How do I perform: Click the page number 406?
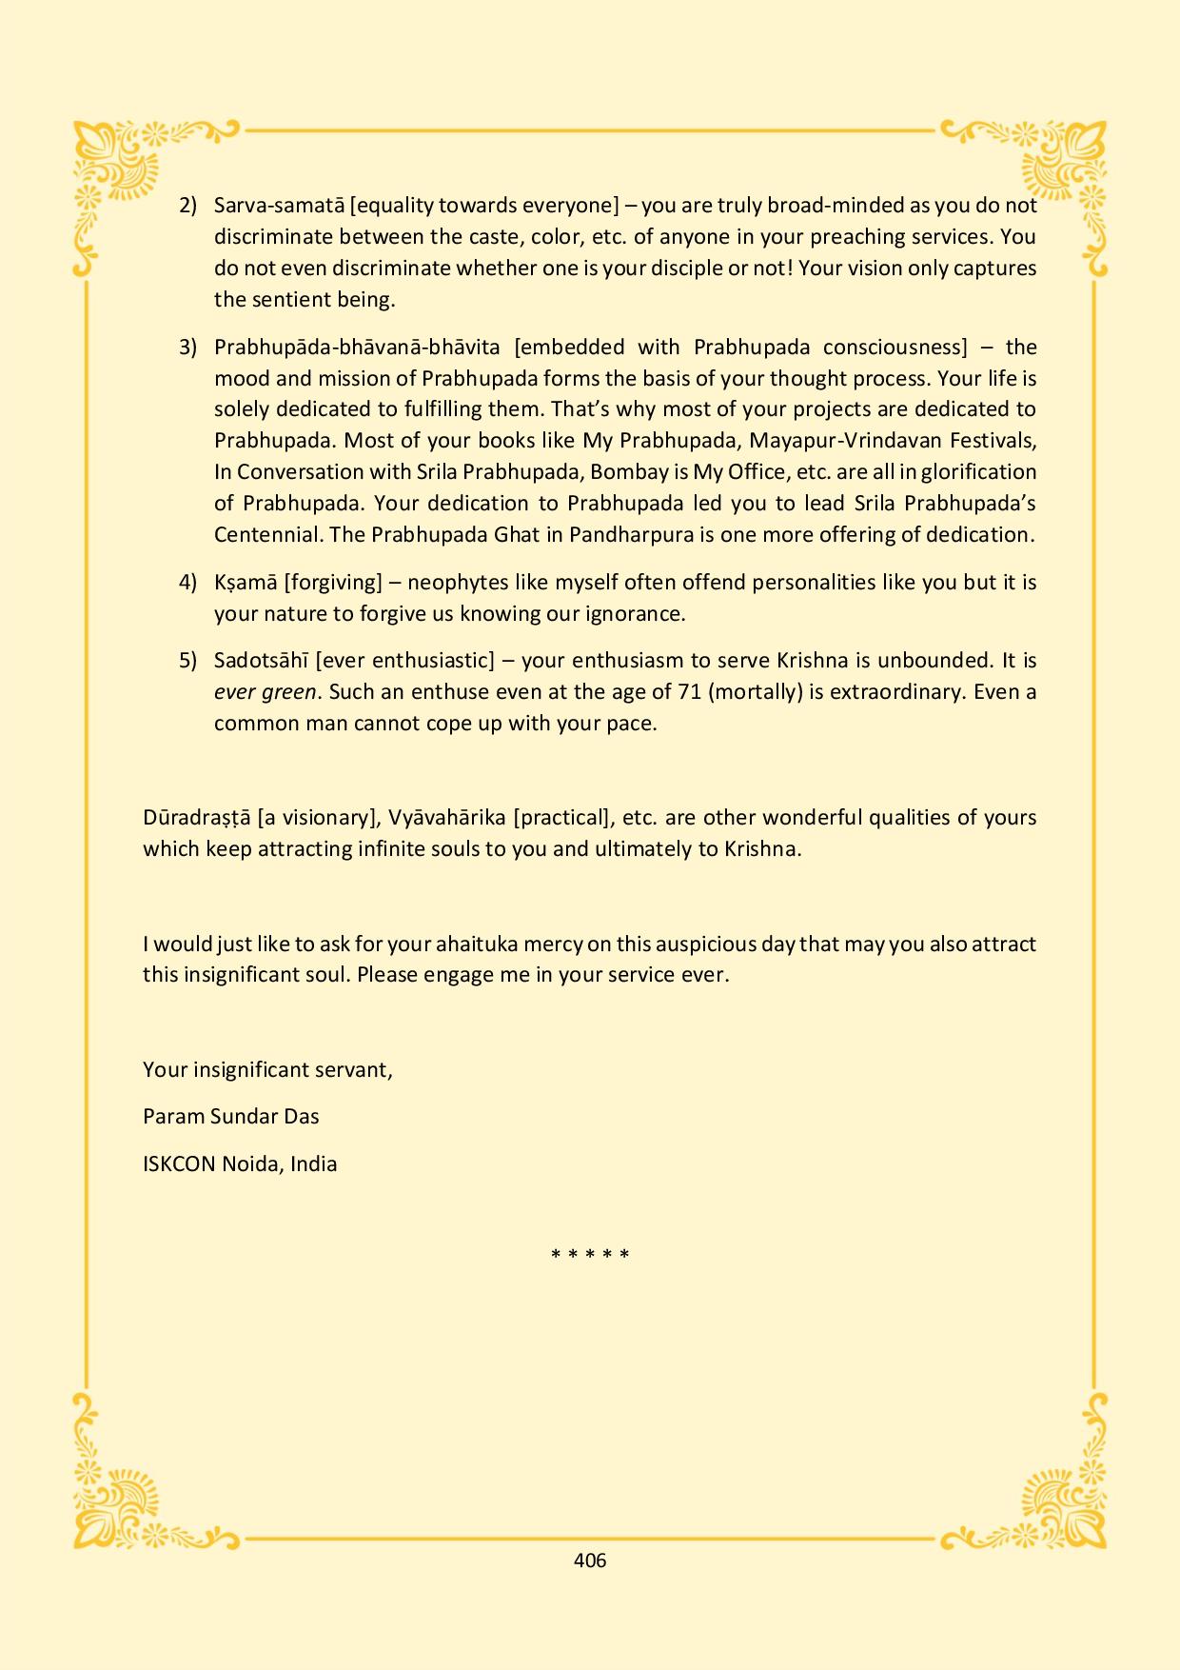[x=590, y=1561]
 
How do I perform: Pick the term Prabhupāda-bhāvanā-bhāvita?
[x=357, y=347]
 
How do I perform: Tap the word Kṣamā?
[x=246, y=582]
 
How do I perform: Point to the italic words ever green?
[x=265, y=692]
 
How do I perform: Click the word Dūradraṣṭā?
[x=196, y=818]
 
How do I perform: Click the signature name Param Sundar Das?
[x=231, y=1116]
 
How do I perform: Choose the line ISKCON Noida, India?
[x=240, y=1163]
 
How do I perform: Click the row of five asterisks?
[x=590, y=1255]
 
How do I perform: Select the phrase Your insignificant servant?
[x=267, y=1069]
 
